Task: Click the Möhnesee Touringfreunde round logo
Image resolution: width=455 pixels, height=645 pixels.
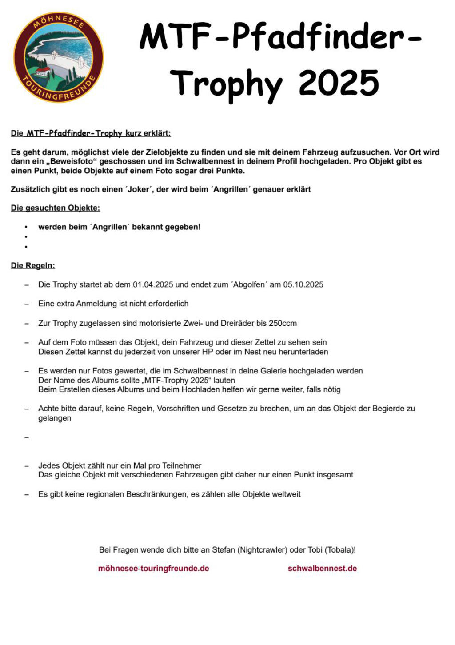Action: tap(58, 57)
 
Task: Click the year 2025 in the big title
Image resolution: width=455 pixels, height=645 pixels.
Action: tap(339, 83)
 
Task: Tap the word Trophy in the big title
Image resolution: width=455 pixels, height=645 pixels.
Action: tap(226, 84)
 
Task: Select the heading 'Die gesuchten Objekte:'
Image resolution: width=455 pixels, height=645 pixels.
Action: tap(56, 208)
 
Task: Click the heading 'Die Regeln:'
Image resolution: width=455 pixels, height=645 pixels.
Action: tap(33, 266)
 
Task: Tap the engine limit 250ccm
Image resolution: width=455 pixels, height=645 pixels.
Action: tap(283, 323)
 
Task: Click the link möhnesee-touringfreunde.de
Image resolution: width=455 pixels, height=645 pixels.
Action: tap(153, 568)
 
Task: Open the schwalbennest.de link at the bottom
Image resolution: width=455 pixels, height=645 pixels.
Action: tap(322, 568)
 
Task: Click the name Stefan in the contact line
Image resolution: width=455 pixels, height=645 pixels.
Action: tap(224, 550)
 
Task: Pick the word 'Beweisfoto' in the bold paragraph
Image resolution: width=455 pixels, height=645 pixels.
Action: tap(71, 161)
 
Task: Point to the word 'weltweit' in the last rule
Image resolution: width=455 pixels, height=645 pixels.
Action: tap(286, 494)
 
